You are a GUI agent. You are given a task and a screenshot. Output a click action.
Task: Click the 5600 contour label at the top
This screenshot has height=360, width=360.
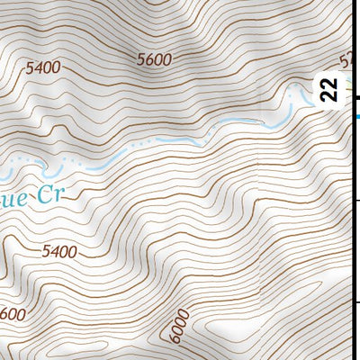click(154, 59)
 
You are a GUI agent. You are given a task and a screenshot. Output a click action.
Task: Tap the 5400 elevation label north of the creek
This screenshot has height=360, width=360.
click(43, 67)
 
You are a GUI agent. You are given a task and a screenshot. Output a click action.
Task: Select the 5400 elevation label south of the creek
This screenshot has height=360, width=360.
click(58, 252)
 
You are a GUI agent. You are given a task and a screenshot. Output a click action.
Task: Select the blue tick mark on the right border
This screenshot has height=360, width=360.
click(356, 116)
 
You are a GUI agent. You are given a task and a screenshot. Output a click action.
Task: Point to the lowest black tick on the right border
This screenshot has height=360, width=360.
click(356, 302)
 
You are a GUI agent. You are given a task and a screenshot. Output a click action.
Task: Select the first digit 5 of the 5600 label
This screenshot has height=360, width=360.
click(142, 59)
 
